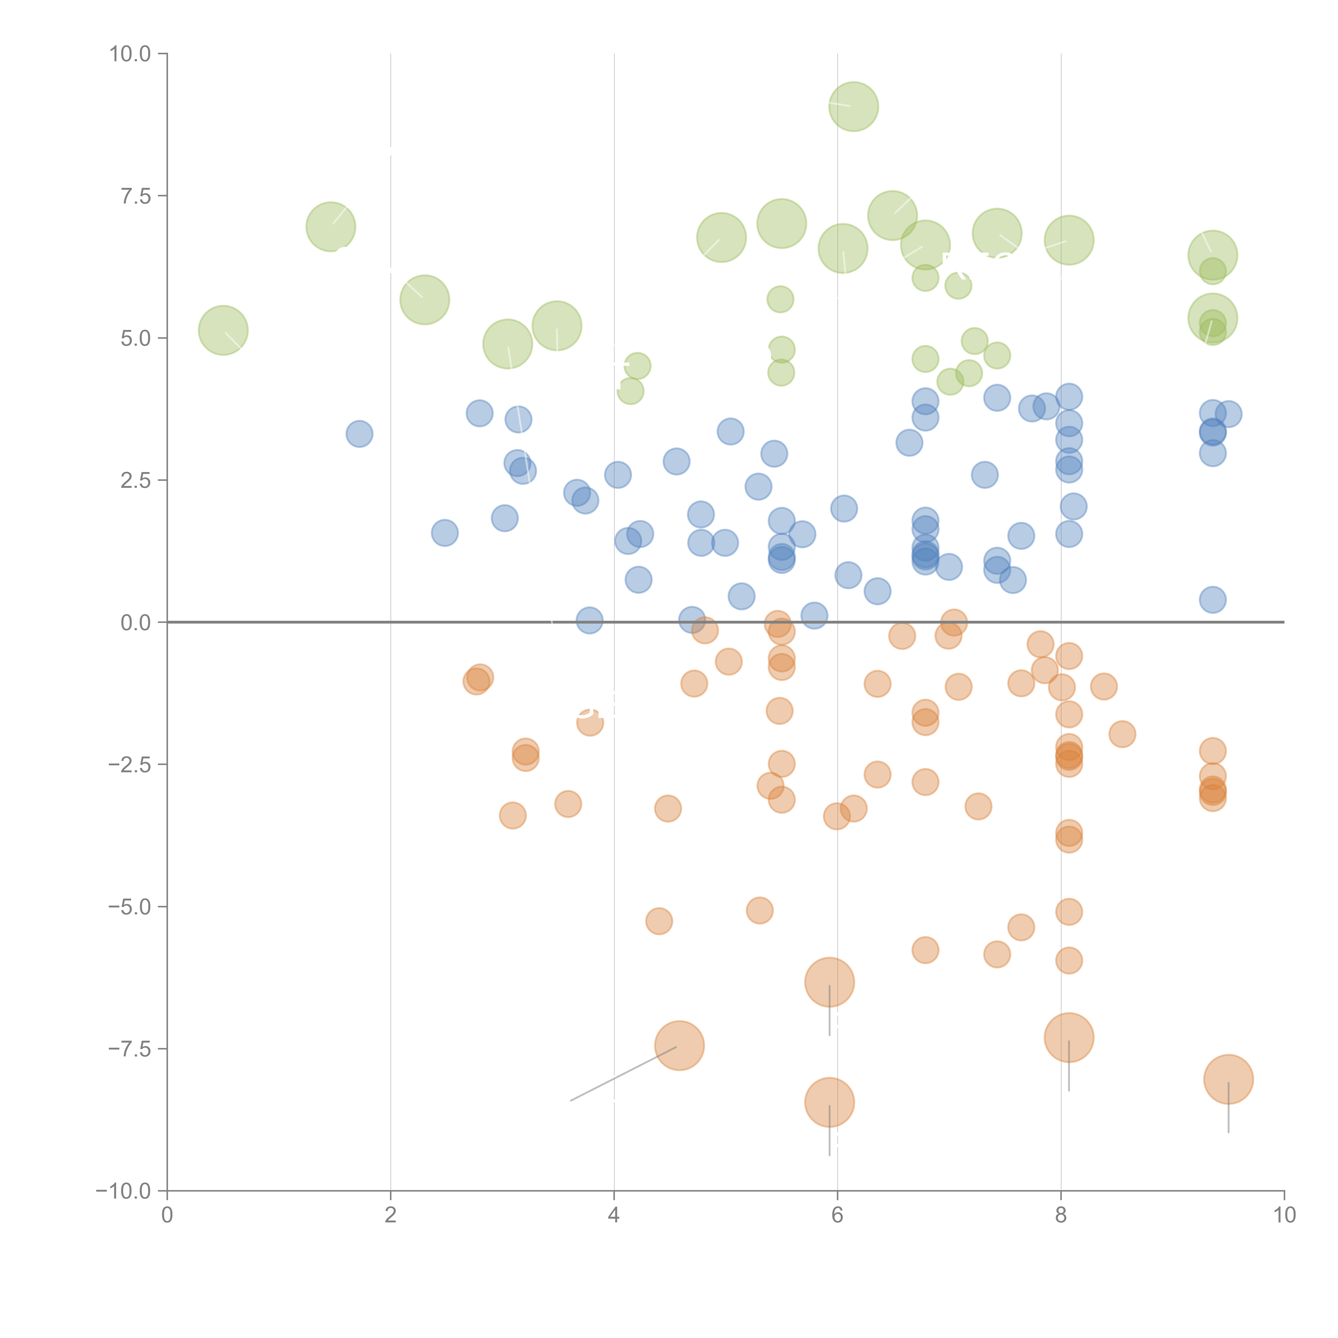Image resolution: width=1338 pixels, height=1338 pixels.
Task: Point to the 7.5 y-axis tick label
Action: click(x=136, y=196)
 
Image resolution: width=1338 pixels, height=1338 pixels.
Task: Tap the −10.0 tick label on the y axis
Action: click(x=123, y=1191)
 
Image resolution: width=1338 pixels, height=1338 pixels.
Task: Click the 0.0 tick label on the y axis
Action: click(x=136, y=623)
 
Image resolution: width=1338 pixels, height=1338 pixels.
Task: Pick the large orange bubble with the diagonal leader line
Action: click(x=679, y=1046)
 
